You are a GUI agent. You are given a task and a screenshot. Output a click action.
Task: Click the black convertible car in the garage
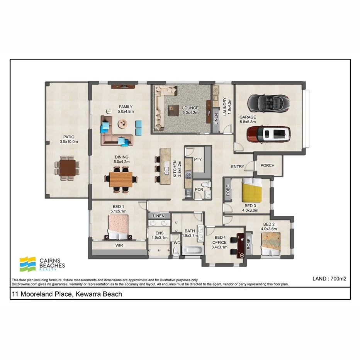[x=268, y=102]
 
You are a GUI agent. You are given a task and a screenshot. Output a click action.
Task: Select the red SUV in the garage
[x=268, y=134]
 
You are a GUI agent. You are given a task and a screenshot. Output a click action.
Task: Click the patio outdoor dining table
[x=68, y=168]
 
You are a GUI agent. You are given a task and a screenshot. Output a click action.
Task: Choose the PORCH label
[x=267, y=165]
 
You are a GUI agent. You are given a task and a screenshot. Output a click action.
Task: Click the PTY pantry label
[x=198, y=159]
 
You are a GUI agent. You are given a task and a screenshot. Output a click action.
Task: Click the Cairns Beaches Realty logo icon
[x=28, y=264]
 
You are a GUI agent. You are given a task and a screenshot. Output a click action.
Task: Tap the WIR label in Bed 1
[x=119, y=245]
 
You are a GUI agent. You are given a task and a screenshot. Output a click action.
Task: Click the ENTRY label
[x=238, y=166]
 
